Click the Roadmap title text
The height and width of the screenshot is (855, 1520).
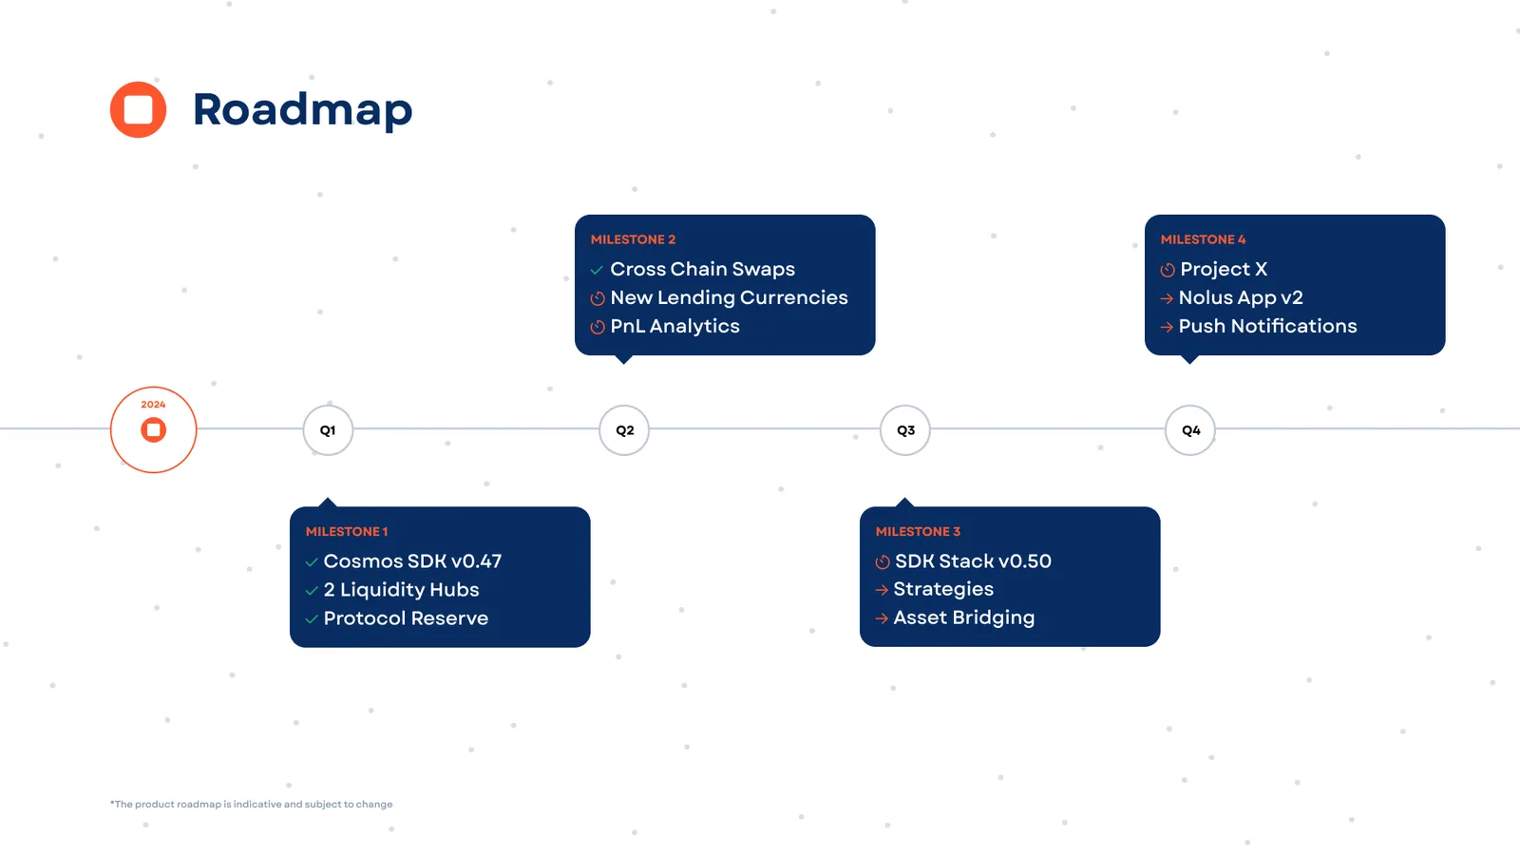(x=302, y=109)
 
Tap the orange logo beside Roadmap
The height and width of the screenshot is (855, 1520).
(x=139, y=109)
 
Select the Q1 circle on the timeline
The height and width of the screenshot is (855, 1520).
(x=328, y=430)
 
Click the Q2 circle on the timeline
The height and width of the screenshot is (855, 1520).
(x=624, y=430)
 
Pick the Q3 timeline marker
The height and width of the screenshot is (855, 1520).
(x=905, y=430)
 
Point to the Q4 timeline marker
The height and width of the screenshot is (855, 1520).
(x=1190, y=430)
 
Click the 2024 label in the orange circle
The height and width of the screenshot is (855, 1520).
(x=153, y=405)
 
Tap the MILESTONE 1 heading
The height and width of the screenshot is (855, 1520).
(x=347, y=532)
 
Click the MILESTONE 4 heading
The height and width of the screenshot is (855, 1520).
(x=1203, y=239)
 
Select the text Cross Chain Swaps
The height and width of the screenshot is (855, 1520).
(x=702, y=269)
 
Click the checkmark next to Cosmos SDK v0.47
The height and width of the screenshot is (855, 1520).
(x=312, y=562)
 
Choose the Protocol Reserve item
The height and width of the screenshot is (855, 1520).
(x=406, y=618)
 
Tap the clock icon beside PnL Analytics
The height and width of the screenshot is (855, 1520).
(x=598, y=327)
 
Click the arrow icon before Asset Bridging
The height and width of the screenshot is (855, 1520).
(x=882, y=618)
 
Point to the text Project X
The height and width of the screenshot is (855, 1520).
(x=1224, y=269)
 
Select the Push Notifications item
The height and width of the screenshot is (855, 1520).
(x=1267, y=326)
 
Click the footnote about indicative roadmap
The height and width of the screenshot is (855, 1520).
(x=252, y=805)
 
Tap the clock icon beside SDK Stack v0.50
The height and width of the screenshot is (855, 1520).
(x=883, y=562)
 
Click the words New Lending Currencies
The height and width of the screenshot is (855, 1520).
(x=729, y=297)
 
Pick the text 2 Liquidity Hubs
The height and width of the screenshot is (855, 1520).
(x=401, y=590)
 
